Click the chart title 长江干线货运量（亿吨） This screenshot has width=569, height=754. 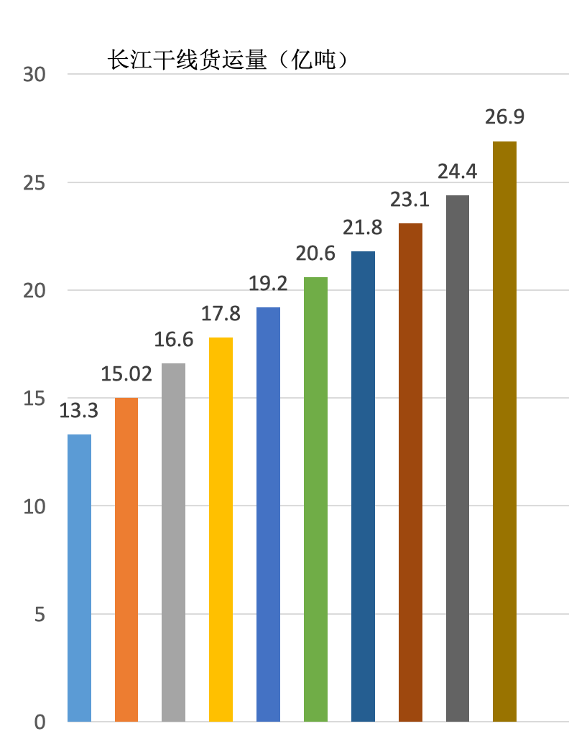coord(228,60)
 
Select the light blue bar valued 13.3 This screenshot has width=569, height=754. coord(79,578)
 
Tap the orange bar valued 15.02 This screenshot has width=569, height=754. coord(126,560)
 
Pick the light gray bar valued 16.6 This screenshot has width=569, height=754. coord(173,542)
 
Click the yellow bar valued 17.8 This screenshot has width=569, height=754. coord(221,529)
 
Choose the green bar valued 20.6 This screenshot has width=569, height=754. coord(315,499)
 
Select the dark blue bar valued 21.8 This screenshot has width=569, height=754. coord(363,486)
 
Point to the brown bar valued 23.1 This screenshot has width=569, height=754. coord(410,473)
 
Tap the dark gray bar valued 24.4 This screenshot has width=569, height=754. coord(458,458)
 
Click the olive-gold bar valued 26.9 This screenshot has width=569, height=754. coord(504,431)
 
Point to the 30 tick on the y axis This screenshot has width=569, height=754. coord(34,75)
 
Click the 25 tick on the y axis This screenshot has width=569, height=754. coord(34,183)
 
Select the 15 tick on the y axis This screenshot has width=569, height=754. coord(34,399)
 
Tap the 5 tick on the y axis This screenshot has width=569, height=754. coord(40,615)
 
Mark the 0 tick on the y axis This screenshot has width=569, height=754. coord(40,722)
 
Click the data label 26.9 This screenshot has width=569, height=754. coord(504,117)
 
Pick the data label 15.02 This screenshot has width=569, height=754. coord(126,373)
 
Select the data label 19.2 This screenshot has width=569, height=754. coord(268,283)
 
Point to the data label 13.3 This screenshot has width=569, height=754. coord(79,411)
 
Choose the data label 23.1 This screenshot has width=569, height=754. coord(410,199)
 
